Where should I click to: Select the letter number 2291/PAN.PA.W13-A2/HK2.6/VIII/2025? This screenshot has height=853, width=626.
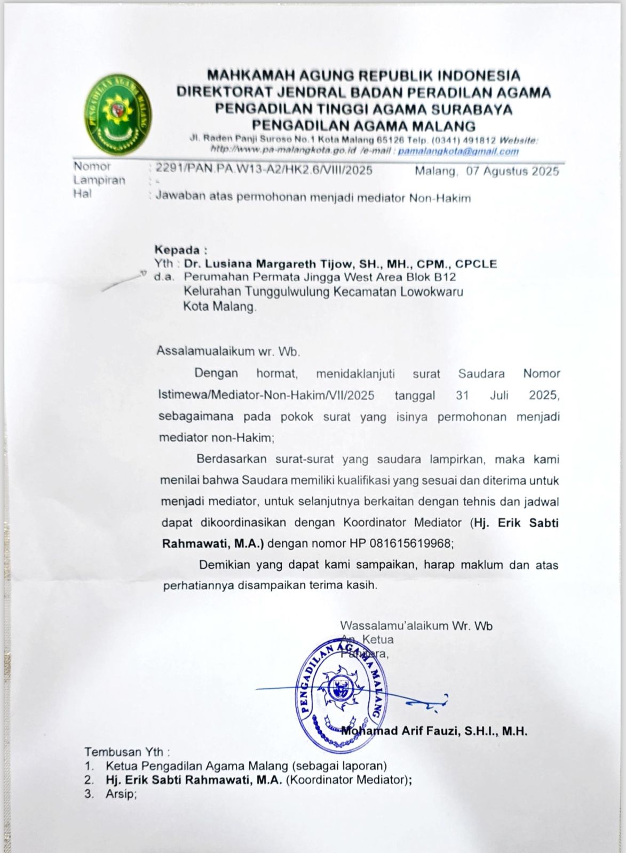[264, 170]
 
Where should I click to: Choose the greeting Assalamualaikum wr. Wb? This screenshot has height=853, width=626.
[228, 351]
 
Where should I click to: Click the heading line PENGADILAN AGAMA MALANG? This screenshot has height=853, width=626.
[363, 126]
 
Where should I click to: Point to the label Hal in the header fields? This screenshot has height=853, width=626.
[82, 194]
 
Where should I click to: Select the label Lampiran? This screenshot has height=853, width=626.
[99, 180]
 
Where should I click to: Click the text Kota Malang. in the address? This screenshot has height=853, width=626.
[220, 307]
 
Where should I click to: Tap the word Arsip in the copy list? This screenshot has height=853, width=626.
[121, 794]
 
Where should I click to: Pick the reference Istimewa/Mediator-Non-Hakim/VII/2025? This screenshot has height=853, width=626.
[266, 396]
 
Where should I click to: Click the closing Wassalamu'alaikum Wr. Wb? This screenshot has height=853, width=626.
[416, 626]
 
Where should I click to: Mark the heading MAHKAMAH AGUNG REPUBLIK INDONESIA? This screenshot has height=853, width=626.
[363, 75]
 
